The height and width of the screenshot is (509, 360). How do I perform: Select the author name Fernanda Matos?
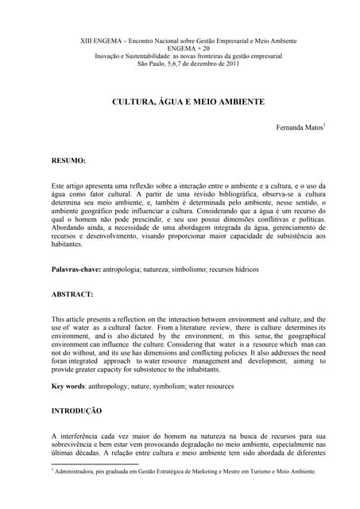click(299, 127)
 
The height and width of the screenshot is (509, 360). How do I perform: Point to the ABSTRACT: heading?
click(73, 293)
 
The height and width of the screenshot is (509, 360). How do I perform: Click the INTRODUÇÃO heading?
click(76, 410)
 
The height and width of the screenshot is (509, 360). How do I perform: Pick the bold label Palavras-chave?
click(76, 270)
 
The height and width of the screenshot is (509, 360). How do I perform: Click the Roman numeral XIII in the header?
click(90, 41)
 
